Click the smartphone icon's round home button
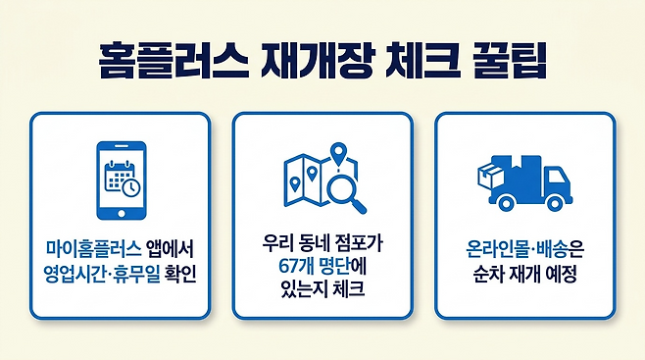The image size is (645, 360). (122, 214)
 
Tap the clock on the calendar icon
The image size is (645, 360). (131, 187)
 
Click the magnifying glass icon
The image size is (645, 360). (346, 192)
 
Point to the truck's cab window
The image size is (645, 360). (558, 177)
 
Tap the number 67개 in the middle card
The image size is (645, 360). (295, 266)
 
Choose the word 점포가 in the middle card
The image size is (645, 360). (359, 243)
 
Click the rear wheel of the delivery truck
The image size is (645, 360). (505, 202)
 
